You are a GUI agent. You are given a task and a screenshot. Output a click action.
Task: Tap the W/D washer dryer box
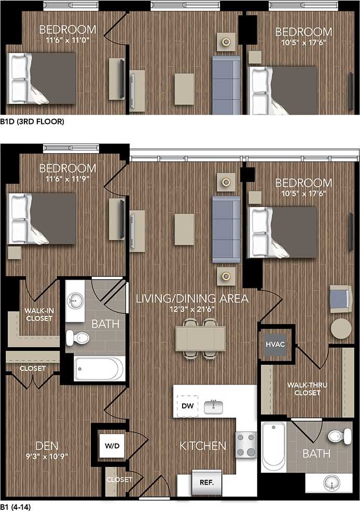[x=112, y=446]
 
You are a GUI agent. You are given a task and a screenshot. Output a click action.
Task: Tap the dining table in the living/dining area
[x=200, y=339]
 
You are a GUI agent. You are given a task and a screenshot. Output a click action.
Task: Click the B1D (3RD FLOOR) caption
[x=32, y=122]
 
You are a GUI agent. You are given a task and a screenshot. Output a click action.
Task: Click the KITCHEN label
[x=203, y=446]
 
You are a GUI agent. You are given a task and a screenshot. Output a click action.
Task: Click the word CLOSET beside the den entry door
[x=119, y=479]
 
